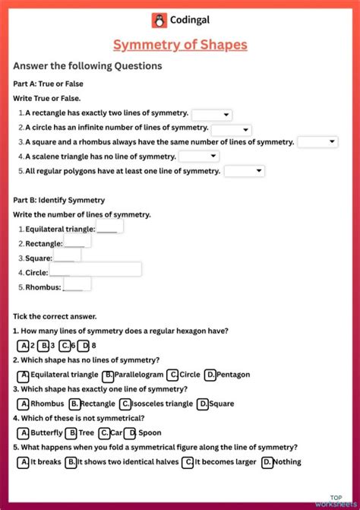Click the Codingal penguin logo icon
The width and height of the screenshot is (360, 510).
(x=159, y=21)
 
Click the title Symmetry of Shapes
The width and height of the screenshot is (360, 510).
(x=180, y=45)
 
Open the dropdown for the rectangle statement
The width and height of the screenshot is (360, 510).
(x=212, y=115)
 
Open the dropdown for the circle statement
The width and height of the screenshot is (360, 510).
(x=231, y=129)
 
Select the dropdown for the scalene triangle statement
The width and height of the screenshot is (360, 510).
(x=199, y=157)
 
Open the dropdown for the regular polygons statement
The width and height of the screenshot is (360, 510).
(x=245, y=171)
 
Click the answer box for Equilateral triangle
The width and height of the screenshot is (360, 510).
(x=110, y=227)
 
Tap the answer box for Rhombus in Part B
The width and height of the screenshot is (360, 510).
(x=77, y=284)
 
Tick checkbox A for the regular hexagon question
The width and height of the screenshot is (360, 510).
(x=23, y=345)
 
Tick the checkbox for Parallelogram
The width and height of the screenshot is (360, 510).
(x=109, y=375)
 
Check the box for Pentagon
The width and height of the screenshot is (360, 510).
(x=210, y=375)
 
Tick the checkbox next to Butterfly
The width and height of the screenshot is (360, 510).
(x=23, y=433)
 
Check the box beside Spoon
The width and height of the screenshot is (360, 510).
(x=131, y=433)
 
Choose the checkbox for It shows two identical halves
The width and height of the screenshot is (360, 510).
(x=71, y=462)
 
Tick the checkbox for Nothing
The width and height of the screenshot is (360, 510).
(x=267, y=462)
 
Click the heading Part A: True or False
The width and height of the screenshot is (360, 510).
(x=49, y=84)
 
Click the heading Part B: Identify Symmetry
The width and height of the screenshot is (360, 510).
(x=59, y=200)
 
